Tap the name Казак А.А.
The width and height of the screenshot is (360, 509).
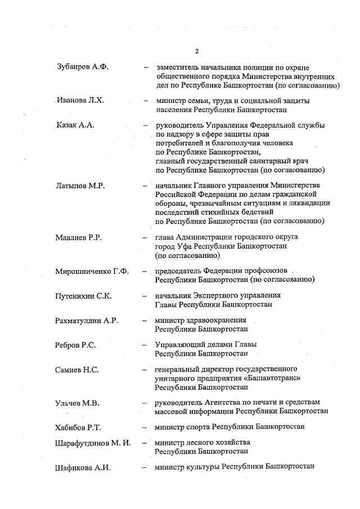[74, 125]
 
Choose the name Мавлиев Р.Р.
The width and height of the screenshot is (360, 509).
[78, 238]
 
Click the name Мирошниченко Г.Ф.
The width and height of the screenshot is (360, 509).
[92, 271]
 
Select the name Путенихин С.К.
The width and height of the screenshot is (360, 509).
[83, 296]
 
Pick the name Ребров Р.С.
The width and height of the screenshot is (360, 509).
[75, 345]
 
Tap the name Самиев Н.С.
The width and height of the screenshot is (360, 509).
[77, 370]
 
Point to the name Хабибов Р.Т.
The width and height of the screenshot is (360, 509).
[78, 427]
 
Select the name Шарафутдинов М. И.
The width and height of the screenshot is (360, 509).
[93, 443]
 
